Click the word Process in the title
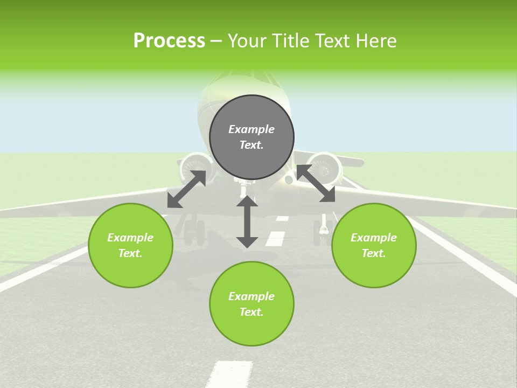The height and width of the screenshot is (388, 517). pos(169,41)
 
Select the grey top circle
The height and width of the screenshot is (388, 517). pos(251,137)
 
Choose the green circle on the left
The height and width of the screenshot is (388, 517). pos(130,245)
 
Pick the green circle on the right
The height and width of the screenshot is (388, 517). pos(374,245)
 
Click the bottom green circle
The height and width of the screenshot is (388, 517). pos(251,304)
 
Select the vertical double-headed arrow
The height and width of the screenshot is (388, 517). pos(247,221)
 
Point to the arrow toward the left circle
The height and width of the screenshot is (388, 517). pos(186,189)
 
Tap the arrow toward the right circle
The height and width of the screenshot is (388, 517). pos(316,184)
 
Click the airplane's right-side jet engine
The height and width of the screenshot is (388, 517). pos(324,167)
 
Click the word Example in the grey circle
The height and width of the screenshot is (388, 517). pos(251,129)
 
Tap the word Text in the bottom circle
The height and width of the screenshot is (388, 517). pos(251,312)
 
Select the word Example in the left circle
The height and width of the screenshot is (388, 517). pos(130,238)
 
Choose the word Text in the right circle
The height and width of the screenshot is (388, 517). pos(374,253)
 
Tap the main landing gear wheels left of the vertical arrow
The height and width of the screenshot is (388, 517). pos(194,231)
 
